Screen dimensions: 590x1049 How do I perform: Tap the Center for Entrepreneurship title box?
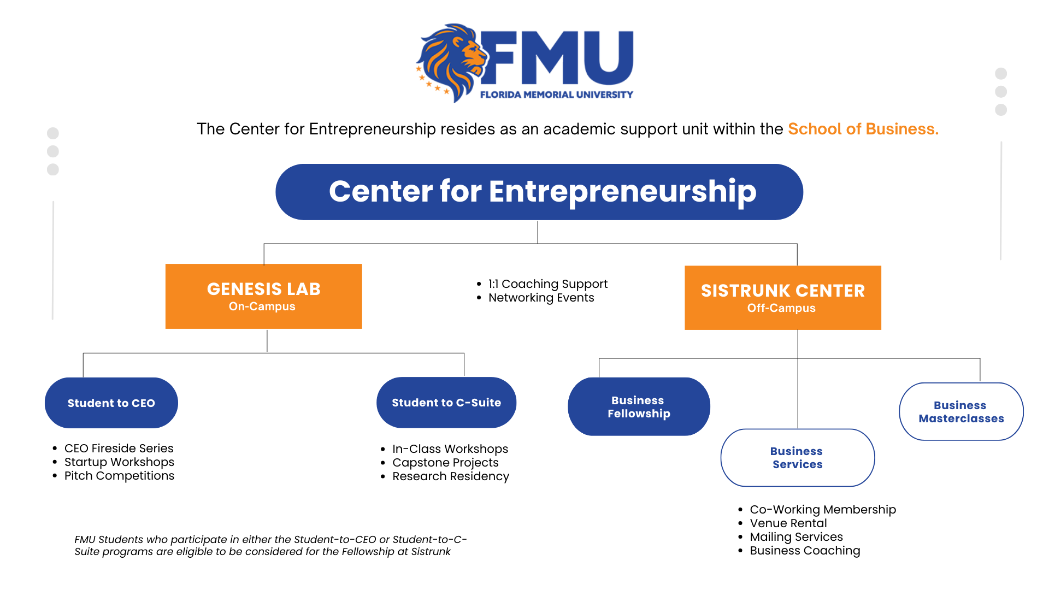point(539,192)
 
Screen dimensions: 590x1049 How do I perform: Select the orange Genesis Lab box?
point(263,296)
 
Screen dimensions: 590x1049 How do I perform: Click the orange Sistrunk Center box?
point(782,298)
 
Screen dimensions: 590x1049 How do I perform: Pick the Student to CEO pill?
point(111,403)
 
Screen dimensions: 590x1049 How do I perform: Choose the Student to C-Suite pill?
point(446,402)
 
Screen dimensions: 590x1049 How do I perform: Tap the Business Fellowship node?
point(639,406)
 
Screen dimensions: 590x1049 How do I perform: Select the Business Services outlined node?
point(797,458)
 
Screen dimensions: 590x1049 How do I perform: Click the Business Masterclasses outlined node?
point(961,411)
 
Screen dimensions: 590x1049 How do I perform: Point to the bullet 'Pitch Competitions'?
point(119,476)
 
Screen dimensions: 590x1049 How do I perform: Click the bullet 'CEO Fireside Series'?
point(119,449)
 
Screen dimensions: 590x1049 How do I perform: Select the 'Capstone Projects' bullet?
point(445,463)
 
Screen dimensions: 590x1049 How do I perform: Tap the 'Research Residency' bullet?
point(450,476)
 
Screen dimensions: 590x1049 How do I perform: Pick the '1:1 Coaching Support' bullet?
point(547,284)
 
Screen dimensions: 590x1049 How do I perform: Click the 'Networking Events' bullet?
point(541,298)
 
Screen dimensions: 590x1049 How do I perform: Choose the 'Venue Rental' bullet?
point(788,523)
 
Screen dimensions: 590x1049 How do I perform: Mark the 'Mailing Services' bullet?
point(796,537)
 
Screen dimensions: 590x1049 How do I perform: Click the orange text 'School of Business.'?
point(863,129)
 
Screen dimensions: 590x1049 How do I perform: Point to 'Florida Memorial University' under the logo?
point(556,95)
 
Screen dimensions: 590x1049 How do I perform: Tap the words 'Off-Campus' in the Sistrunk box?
point(781,308)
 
